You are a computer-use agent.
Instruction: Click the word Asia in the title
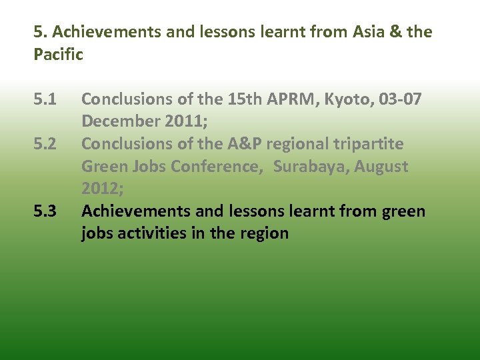pos(360,32)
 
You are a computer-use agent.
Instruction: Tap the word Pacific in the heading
pos(58,55)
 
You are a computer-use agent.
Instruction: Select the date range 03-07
pos(400,99)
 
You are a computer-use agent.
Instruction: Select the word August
pos(381,167)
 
